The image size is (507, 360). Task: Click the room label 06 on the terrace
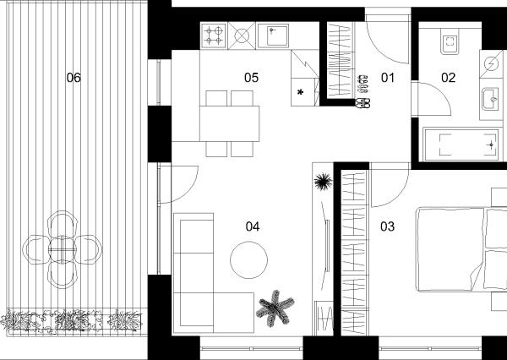pos(74,78)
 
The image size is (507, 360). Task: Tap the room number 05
pos(251,78)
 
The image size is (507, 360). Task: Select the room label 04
pos(252,226)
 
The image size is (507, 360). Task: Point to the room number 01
pos(388,78)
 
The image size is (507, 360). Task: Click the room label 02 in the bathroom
pos(448,78)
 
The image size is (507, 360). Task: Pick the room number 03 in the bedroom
pos(387,226)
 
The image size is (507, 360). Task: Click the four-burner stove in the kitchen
pos(214,35)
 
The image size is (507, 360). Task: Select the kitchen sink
pos(273,35)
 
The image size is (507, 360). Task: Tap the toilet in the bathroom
pos(450,41)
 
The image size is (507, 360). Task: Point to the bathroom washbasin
pos(491,99)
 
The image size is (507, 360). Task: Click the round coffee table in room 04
pos(248,259)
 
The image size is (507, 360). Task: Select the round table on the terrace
pos(63,249)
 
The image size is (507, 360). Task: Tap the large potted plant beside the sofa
pos(275,308)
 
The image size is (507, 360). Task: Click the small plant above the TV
pos(323,182)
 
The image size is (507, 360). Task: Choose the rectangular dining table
pos(229,123)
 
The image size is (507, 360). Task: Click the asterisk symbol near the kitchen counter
pos(300,92)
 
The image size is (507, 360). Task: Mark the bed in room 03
pos(461,249)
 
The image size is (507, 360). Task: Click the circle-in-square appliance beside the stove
pos(242,35)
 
